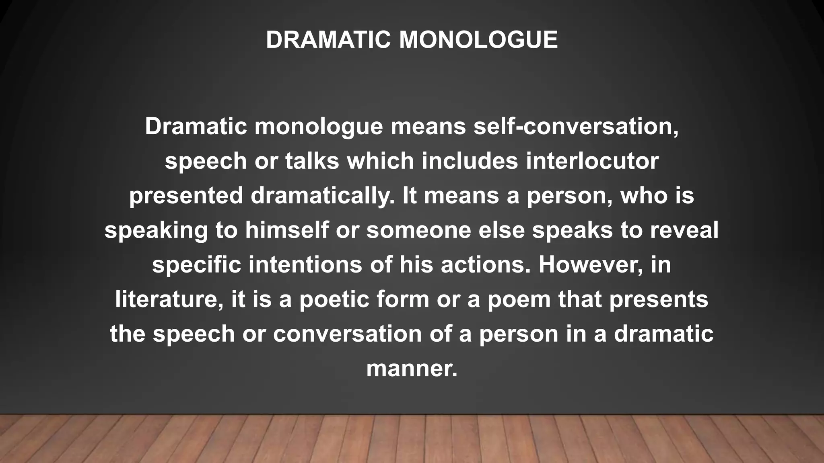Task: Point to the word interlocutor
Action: click(x=592, y=161)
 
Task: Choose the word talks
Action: click(x=312, y=161)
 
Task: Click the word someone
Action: click(x=418, y=230)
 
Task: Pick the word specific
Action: click(x=196, y=265)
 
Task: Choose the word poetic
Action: click(x=334, y=300)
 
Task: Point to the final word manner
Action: click(x=411, y=369)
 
